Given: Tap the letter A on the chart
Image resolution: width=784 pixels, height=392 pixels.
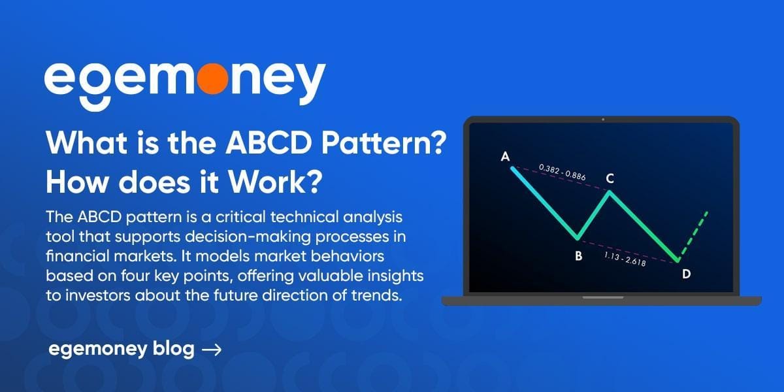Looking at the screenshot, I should click(x=504, y=156).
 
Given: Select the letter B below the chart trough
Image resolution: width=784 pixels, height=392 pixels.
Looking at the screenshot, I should click(x=578, y=256).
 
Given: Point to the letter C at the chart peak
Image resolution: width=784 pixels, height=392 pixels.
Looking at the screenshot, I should click(x=609, y=178).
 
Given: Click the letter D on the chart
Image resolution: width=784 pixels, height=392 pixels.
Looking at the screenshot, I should click(x=686, y=274).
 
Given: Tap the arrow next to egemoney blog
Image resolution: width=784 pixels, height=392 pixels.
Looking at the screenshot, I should click(x=212, y=350).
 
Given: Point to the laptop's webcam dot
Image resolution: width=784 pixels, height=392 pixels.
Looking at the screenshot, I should click(x=602, y=120).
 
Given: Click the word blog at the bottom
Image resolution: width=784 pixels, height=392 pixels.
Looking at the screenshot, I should click(x=175, y=350).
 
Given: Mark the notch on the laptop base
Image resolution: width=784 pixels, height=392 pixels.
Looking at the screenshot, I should click(x=602, y=298).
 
